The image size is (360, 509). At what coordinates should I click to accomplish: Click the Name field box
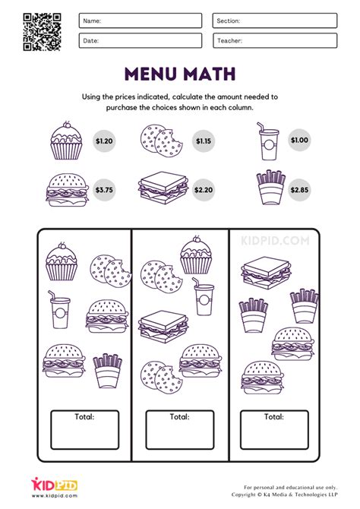(x=140, y=21)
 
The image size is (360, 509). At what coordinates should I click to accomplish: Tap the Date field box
(x=140, y=40)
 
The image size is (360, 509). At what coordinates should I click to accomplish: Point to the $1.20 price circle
(x=103, y=141)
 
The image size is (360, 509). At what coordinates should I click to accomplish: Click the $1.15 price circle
(x=203, y=141)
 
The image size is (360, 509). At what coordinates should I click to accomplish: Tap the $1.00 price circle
(x=299, y=141)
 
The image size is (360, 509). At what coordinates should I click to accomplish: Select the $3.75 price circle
(x=103, y=190)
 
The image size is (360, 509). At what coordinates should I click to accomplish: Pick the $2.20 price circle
(x=203, y=190)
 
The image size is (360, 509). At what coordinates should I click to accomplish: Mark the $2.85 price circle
(x=299, y=190)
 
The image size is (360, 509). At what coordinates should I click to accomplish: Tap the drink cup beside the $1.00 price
(x=270, y=142)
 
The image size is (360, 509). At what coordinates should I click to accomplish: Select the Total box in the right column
(x=274, y=430)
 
